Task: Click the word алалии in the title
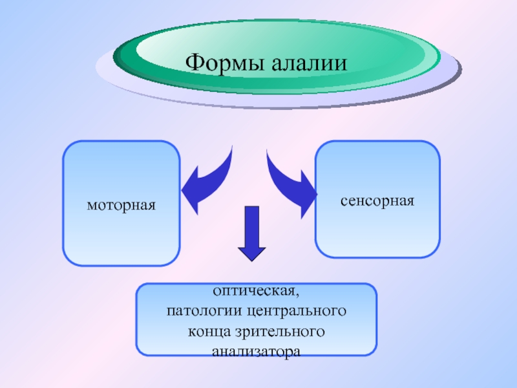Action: tap(310, 63)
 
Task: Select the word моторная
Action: tap(121, 206)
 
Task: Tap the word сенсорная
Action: tap(377, 200)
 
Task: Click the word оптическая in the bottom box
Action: tap(254, 292)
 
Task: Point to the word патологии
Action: tap(204, 312)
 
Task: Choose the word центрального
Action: tap(297, 312)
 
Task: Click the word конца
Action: tap(209, 332)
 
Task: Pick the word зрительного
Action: tap(280, 332)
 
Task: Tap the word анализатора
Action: tap(256, 352)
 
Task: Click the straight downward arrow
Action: tap(252, 233)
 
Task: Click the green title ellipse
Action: tap(277, 56)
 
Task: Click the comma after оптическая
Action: tap(297, 295)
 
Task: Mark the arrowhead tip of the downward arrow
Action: tap(252, 261)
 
